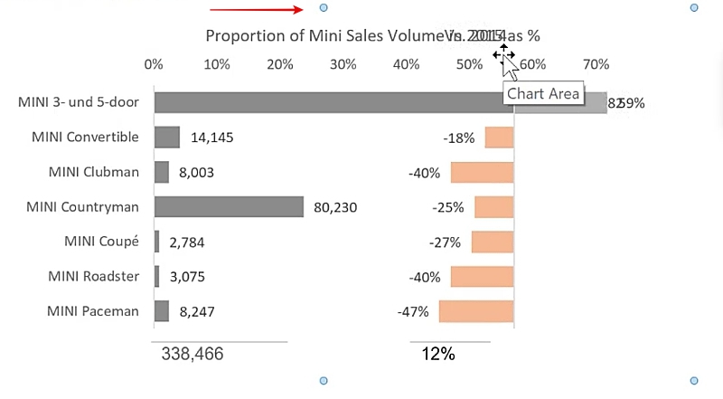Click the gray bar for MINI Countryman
pos(229,207)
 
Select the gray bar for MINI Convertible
pos(167,138)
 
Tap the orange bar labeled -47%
pos(476,312)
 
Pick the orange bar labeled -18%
pos(499,138)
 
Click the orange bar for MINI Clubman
pos(482,173)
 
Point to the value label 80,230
pos(335,207)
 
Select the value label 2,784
pos(188,242)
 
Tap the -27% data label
pos(445,242)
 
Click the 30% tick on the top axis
pos(343,65)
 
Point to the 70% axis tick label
pos(596,65)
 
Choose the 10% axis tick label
pos(217,65)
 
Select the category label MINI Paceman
pos(93,312)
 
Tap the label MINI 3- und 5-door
pos(79,102)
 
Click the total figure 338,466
pos(192,354)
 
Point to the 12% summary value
pos(438,354)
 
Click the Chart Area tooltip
pos(543,93)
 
